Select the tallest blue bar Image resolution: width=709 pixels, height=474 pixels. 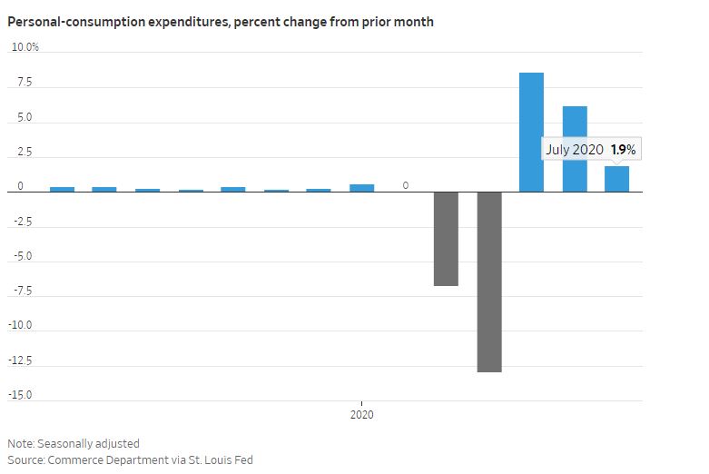[531, 133]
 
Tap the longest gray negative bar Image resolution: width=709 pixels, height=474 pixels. [489, 281]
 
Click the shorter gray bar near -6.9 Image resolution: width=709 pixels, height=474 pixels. [446, 239]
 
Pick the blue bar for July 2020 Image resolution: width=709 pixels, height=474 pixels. [617, 180]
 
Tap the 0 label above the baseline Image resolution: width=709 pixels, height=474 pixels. [406, 185]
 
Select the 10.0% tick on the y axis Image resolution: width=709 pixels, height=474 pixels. [25, 47]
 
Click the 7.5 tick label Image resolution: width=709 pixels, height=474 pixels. [24, 83]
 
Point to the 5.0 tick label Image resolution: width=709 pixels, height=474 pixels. [24, 117]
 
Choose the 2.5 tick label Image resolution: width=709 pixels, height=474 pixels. [24, 152]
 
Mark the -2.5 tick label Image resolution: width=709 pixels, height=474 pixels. [22, 221]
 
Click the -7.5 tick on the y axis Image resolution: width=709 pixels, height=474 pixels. [22, 291]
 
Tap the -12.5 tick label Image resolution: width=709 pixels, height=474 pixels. [21, 360]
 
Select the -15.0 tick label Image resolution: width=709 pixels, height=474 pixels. [21, 395]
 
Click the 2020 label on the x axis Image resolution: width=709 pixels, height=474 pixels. [362, 415]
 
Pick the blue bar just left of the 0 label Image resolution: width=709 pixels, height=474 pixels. [362, 188]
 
